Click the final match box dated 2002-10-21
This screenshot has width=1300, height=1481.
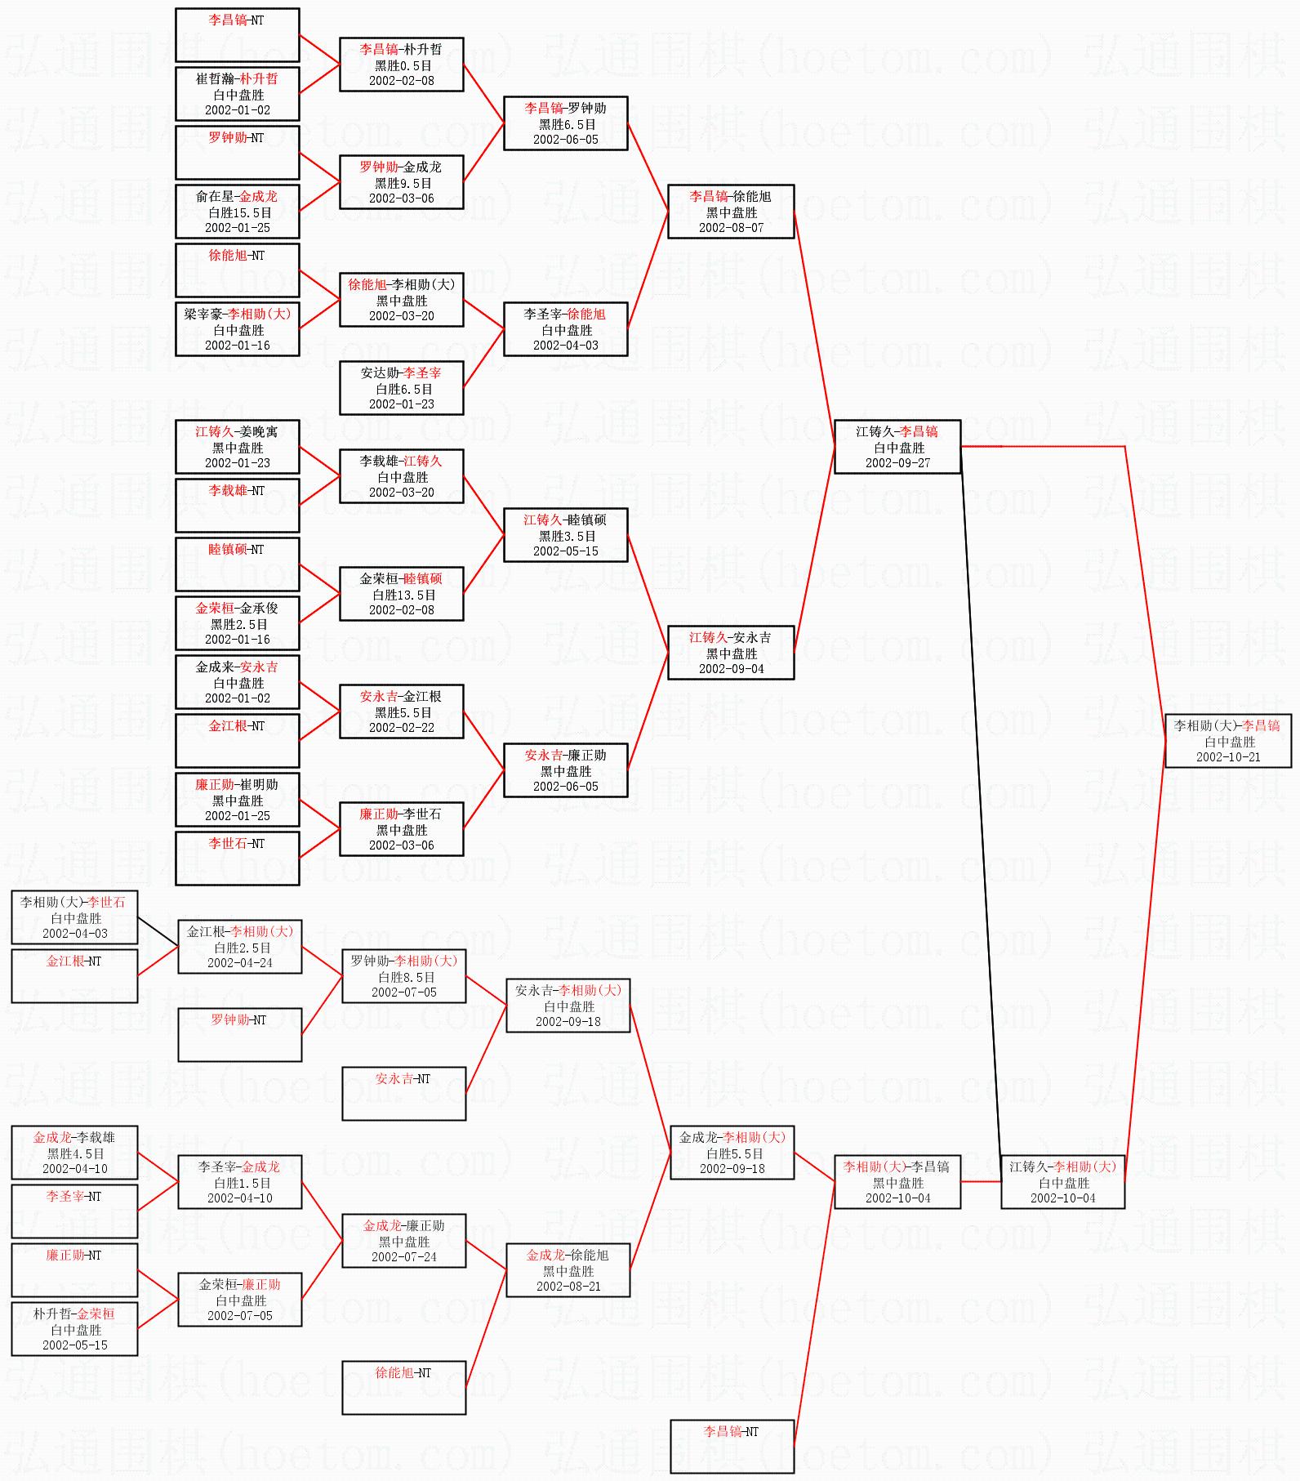1227,741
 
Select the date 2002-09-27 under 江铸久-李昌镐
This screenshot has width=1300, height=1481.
897,463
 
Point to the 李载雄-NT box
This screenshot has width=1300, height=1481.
237,505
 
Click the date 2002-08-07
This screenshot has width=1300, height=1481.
731,228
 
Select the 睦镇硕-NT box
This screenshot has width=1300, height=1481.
237,564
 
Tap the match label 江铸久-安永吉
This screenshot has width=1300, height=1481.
730,637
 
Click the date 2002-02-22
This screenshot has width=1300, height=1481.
402,728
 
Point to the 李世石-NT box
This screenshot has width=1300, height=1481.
237,858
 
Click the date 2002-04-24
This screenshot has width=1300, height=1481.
240,963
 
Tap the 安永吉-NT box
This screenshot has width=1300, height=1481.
403,1093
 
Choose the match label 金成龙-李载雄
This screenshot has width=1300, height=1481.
74,1137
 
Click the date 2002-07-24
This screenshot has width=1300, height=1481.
404,1257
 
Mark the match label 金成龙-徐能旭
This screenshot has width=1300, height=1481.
568,1255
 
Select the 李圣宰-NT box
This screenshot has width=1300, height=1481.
74,1211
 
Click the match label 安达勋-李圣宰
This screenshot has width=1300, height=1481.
401,372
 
